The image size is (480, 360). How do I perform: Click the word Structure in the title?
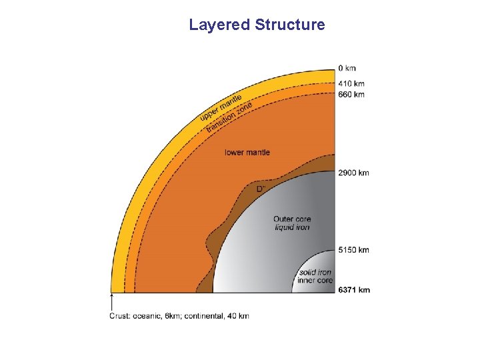(289, 25)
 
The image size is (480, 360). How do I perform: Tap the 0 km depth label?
(347, 68)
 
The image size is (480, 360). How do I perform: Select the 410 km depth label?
(351, 84)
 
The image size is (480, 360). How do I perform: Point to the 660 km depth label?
(351, 95)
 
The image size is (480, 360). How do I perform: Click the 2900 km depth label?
(353, 173)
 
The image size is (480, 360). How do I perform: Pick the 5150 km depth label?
(353, 250)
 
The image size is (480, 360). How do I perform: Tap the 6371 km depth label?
(353, 290)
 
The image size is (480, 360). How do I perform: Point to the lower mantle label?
(247, 153)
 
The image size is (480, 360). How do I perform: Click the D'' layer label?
(261, 189)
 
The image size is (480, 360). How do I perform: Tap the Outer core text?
(291, 219)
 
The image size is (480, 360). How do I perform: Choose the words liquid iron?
(292, 227)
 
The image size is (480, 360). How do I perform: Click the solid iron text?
(315, 273)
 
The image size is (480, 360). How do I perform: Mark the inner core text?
(315, 281)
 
